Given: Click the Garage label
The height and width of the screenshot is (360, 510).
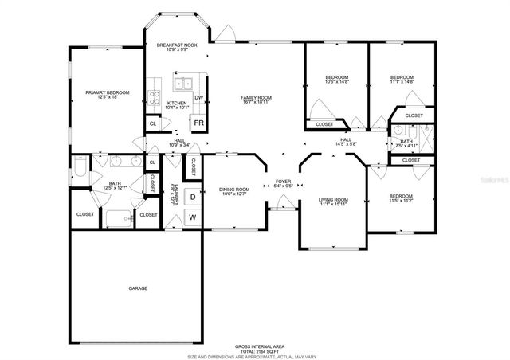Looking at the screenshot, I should coord(137,288).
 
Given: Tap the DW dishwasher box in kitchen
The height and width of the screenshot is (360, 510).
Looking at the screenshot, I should coord(198,98).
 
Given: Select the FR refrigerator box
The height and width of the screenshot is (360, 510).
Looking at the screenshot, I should coord(197,123).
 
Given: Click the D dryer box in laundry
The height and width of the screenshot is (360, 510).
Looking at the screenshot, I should coord(192,196).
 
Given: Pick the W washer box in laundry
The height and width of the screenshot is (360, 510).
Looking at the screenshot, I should coord(192,217).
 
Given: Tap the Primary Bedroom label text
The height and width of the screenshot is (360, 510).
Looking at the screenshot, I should coord(106,94).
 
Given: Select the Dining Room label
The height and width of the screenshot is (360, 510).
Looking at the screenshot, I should coord(234,191).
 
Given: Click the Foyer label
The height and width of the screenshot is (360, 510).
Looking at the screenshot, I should coord(284,183).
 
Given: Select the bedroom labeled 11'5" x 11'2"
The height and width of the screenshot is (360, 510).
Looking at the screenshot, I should coord(401,198).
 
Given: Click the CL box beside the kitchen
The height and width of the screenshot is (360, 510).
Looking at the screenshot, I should coord(153,123).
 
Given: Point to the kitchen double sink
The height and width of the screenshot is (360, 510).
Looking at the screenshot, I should coord(185,82).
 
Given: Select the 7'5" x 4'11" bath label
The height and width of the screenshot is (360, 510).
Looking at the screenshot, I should coord(406,144).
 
